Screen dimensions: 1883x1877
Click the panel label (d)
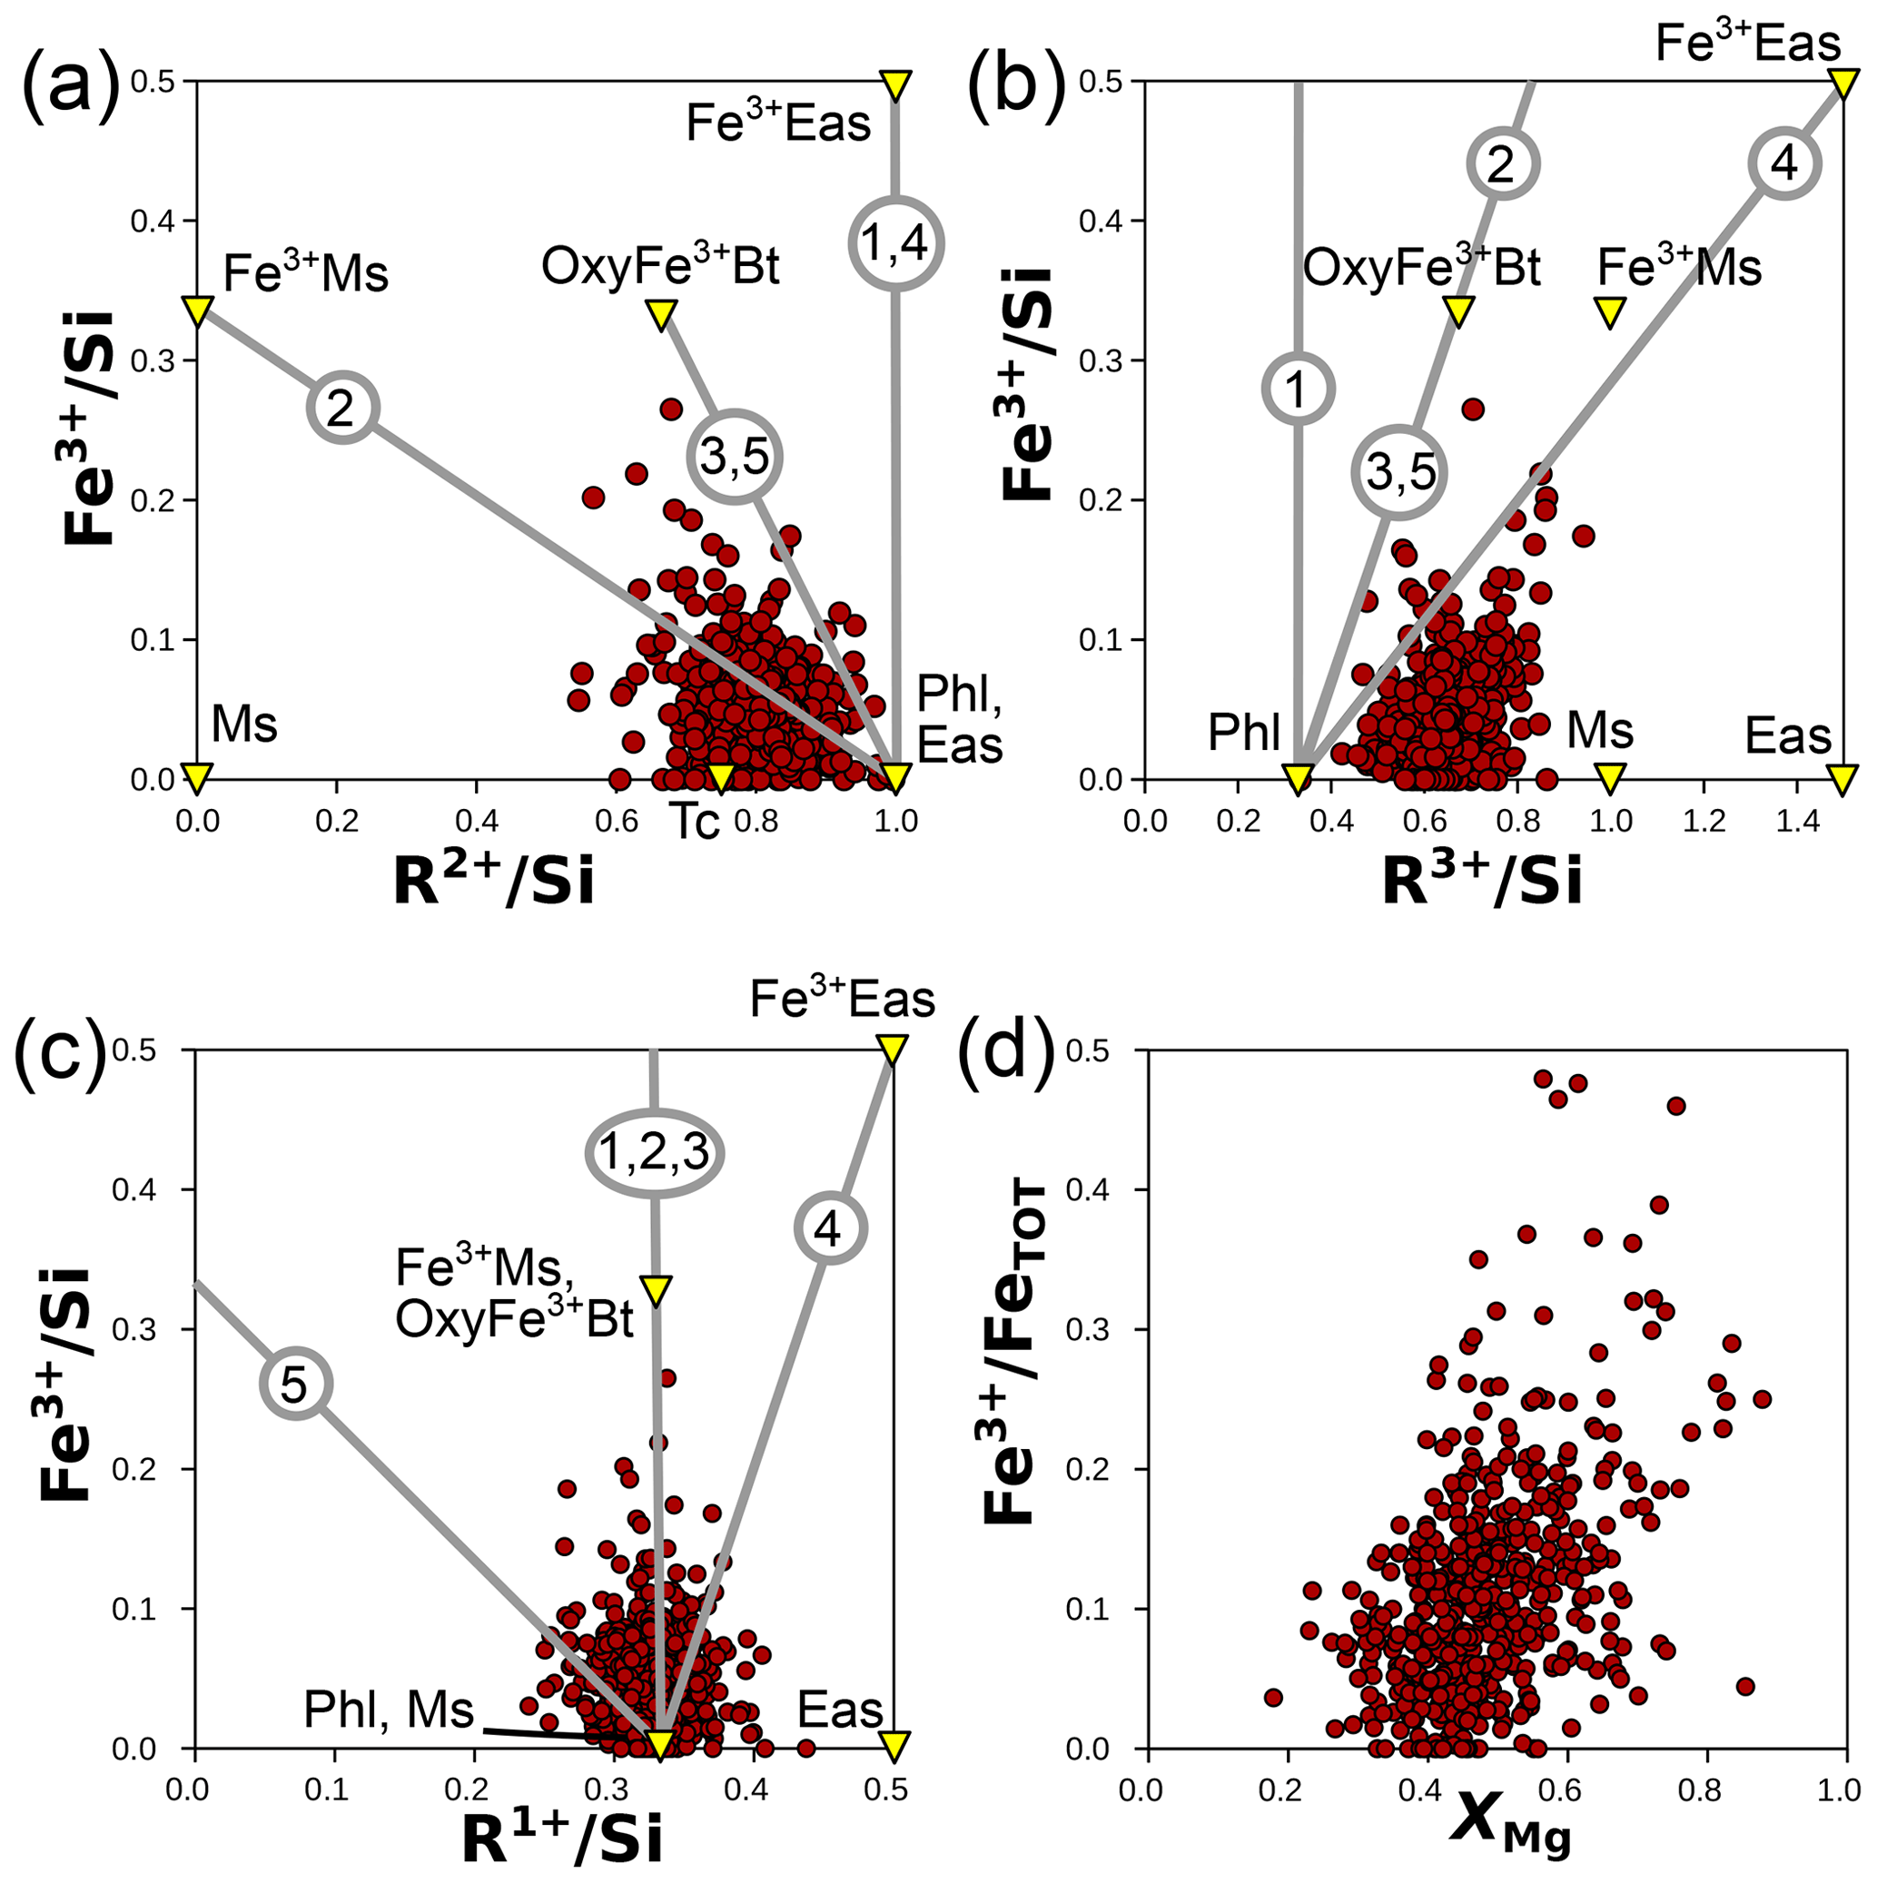click(1007, 1058)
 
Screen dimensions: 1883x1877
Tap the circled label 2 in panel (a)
click(342, 408)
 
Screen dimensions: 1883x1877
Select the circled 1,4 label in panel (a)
click(896, 242)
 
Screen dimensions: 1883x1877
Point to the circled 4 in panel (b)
click(1783, 164)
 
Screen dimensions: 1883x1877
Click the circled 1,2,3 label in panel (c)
click(654, 1153)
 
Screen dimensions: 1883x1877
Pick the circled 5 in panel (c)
click(295, 1384)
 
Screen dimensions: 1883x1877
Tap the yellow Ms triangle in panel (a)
click(197, 778)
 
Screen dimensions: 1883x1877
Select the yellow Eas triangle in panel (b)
click(1841, 778)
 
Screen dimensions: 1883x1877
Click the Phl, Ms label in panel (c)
click(389, 1710)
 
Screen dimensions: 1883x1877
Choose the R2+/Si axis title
click(493, 882)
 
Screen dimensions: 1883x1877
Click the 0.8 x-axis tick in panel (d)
click(1706, 1789)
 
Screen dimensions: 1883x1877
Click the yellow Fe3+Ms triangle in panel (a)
click(197, 311)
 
